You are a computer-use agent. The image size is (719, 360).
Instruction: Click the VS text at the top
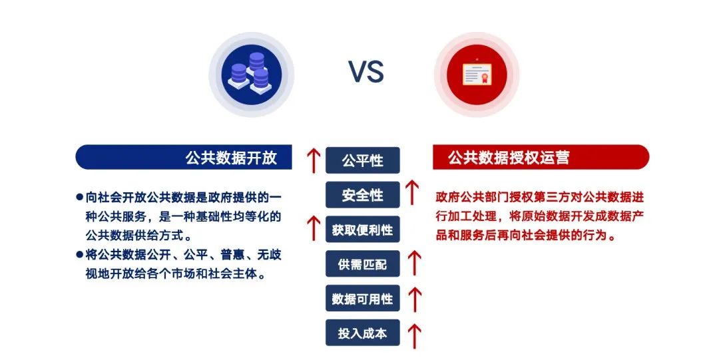pyautogui.click(x=365, y=73)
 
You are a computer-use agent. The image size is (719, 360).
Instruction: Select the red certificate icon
pyautogui.click(x=477, y=74)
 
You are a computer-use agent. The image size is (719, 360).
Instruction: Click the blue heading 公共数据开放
pyautogui.click(x=231, y=157)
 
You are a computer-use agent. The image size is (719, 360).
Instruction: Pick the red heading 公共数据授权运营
pyautogui.click(x=509, y=157)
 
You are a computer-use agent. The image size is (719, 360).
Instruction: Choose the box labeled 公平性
pyautogui.click(x=362, y=160)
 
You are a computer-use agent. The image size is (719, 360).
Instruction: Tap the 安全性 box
pyautogui.click(x=362, y=195)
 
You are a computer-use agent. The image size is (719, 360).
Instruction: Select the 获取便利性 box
pyautogui.click(x=362, y=230)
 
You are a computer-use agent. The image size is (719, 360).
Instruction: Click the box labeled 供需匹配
pyautogui.click(x=362, y=264)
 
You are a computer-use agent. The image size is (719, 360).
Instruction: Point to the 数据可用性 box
pyautogui.click(x=362, y=299)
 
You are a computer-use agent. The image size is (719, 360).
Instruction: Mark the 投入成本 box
pyautogui.click(x=362, y=333)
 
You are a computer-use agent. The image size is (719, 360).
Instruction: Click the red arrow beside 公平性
pyautogui.click(x=314, y=160)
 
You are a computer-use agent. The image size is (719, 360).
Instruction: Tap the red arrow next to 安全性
pyautogui.click(x=413, y=192)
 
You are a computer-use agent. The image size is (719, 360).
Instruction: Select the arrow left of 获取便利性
pyautogui.click(x=314, y=228)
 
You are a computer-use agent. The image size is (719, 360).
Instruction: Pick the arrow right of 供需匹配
pyautogui.click(x=415, y=264)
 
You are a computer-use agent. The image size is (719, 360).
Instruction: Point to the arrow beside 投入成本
pyautogui.click(x=415, y=336)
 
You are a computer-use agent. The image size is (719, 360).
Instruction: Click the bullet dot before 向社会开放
pyautogui.click(x=79, y=197)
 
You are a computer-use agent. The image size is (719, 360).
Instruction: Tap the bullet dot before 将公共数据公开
pyautogui.click(x=79, y=254)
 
